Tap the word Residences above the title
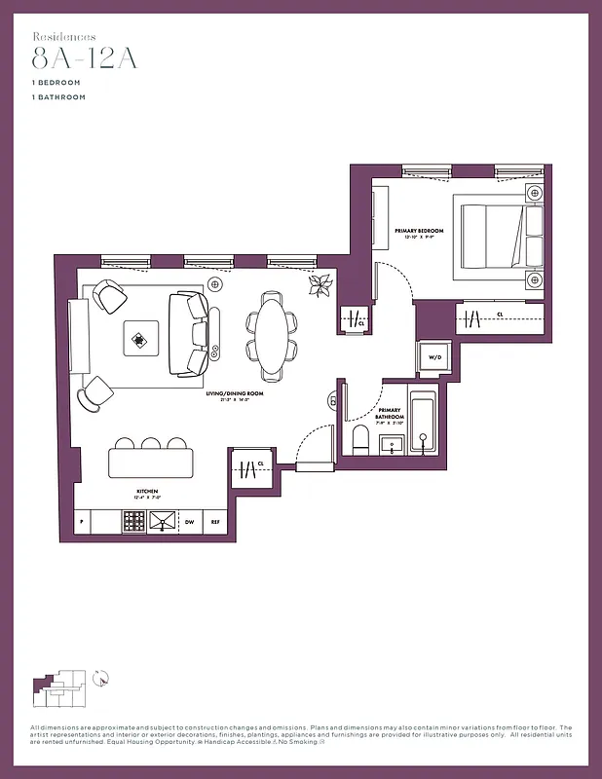click(64, 35)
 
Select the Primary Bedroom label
click(419, 232)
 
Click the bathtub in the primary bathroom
click(423, 426)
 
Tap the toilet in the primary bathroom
click(357, 440)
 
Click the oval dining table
click(274, 337)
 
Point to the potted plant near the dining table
click(320, 284)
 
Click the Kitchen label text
click(148, 492)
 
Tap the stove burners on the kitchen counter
click(133, 522)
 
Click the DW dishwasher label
click(191, 522)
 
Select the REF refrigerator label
click(215, 522)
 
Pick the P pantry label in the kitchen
click(82, 522)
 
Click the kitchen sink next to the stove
click(163, 522)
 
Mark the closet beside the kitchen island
click(249, 468)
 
